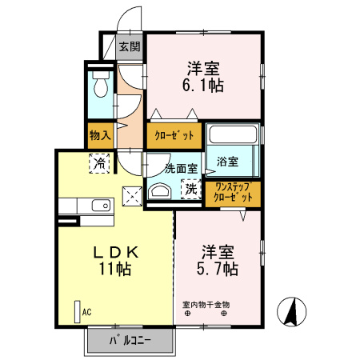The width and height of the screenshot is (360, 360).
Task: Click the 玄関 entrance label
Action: (x=129, y=46)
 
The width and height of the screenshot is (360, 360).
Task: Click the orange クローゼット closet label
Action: (x=175, y=135)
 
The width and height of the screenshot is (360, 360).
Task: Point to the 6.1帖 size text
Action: (x=205, y=84)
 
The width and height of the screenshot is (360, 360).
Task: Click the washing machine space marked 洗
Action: (x=190, y=189)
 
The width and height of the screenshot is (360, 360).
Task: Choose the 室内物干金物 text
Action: (x=206, y=304)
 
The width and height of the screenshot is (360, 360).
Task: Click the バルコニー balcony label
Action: (x=130, y=342)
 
